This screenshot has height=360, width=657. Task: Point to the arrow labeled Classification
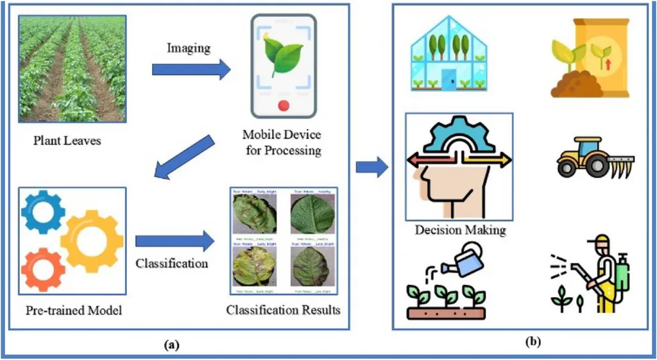(173, 242)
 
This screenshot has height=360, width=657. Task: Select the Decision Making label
(460, 230)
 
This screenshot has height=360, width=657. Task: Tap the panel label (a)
(171, 345)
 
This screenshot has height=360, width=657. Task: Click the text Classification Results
(283, 311)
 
